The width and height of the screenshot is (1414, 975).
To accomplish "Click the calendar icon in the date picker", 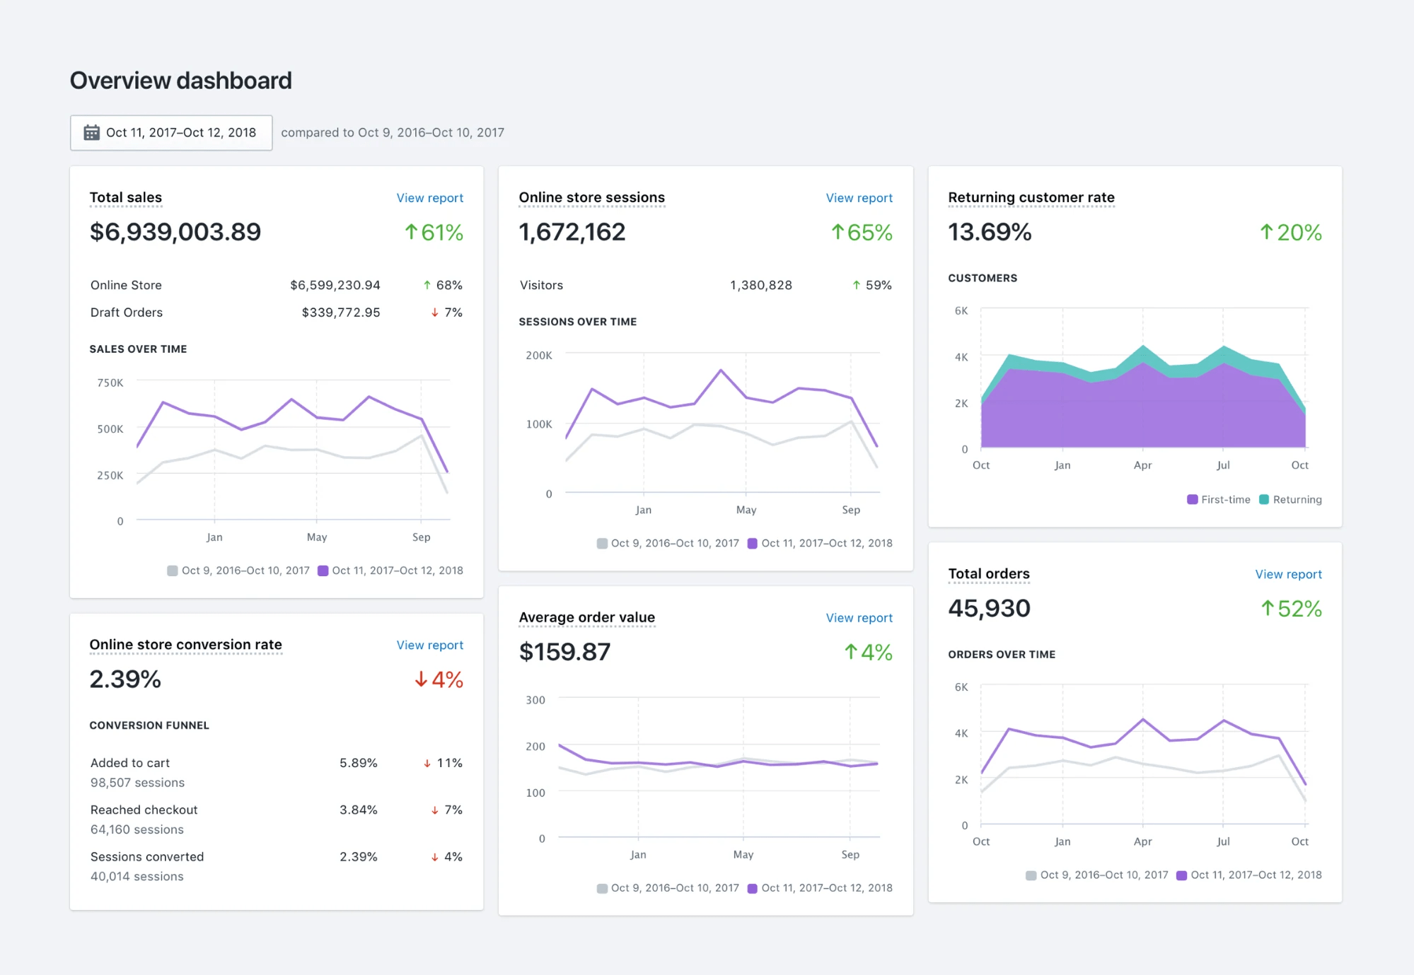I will click(x=91, y=132).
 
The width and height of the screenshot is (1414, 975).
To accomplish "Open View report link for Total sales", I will click(x=429, y=198).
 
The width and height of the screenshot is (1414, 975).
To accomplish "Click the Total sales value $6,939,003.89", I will click(x=175, y=232).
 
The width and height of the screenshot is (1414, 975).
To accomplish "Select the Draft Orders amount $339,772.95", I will click(x=340, y=313).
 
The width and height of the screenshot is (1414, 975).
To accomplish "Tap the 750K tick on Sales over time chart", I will click(x=110, y=383).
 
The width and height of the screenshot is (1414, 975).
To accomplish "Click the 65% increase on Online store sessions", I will click(x=861, y=232).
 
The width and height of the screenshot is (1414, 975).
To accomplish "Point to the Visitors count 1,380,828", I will click(x=760, y=285).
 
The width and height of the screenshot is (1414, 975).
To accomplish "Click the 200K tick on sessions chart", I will click(x=538, y=355).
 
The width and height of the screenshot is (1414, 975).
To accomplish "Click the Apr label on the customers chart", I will click(x=1142, y=465).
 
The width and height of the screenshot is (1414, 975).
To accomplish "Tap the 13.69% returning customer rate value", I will click(x=990, y=232).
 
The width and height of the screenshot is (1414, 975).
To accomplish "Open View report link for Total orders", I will click(x=1288, y=574).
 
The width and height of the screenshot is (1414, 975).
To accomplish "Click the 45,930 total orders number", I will click(x=989, y=608).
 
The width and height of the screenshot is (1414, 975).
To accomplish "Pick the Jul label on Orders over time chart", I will click(x=1223, y=841).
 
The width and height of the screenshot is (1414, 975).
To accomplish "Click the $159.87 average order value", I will click(x=564, y=652).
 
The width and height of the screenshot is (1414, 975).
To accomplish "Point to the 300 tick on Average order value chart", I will click(x=535, y=700).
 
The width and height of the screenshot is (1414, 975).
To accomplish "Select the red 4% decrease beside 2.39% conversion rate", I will click(x=439, y=679).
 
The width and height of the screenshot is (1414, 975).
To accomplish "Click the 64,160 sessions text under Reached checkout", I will click(x=137, y=829).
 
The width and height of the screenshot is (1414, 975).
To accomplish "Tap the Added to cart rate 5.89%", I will click(x=358, y=763).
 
